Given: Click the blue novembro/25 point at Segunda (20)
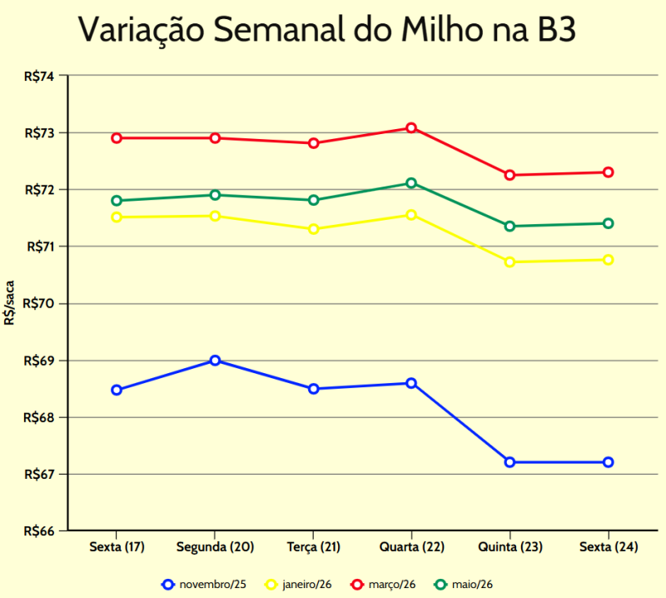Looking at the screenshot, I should pos(215,361).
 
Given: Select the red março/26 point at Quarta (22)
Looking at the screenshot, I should pos(411,128).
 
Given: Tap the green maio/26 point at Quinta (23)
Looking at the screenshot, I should pos(509,227).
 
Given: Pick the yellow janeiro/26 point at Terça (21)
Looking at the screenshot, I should pos(314,229).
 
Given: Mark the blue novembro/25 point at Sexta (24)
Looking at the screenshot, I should pos(609,462).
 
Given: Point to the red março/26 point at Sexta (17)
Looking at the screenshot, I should pos(117,138).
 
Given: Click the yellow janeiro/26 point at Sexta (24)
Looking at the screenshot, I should pos(609,260).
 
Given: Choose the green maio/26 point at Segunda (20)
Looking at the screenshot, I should pos(215,195).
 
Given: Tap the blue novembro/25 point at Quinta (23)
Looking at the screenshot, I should pos(509,462).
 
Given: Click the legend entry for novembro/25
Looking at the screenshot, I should pos(204,585).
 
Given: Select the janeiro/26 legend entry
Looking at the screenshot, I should pos(298,585).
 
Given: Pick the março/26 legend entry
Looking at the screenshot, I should pos(384,585).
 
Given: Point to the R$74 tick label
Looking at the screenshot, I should pos(39,77).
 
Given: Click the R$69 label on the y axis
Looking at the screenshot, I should pos(39,361).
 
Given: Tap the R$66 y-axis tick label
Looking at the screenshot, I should pos(39,531).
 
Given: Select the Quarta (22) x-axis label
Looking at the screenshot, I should pos(411,547).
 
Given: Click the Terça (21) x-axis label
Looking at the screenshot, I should pos(314,547).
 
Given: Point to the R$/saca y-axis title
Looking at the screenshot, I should pos(9,303).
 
